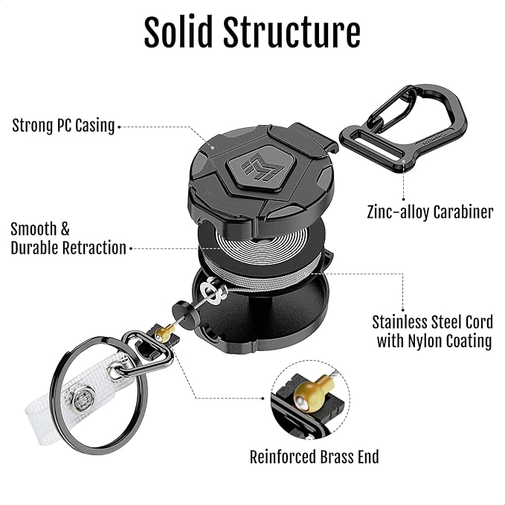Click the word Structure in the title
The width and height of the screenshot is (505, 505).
pyautogui.click(x=297, y=33)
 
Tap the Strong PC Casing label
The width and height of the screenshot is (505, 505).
pyautogui.click(x=63, y=126)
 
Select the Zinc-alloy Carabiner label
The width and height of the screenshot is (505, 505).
pyautogui.click(x=430, y=212)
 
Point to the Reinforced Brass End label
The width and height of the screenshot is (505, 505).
pyautogui.click(x=314, y=456)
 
